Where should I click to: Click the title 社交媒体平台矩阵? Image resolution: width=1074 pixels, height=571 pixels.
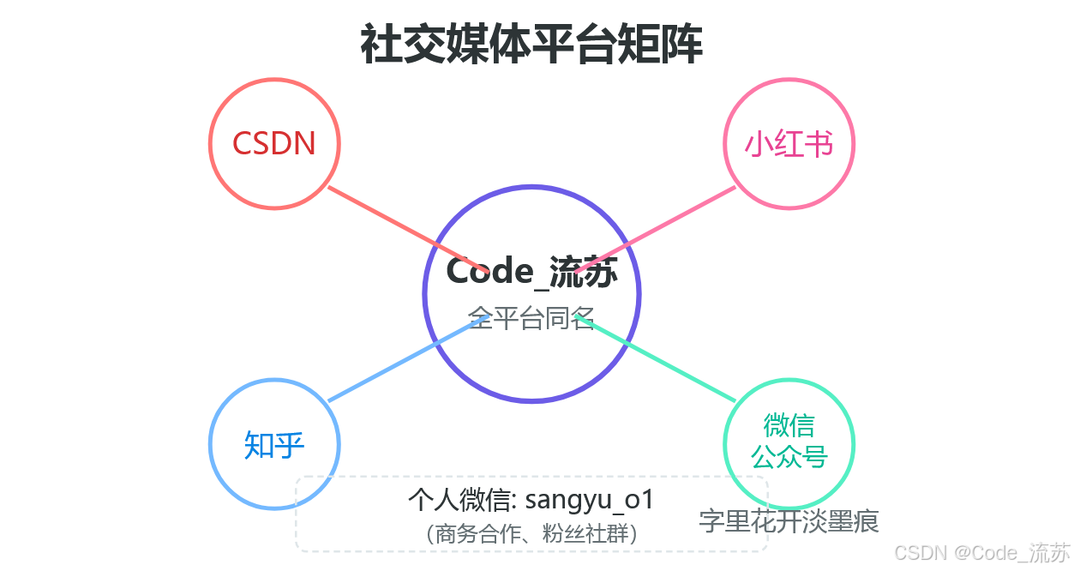531,45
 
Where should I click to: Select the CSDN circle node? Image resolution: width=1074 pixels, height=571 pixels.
274,143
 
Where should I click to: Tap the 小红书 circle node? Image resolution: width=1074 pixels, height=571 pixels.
789,143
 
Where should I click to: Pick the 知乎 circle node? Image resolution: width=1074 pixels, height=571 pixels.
274,444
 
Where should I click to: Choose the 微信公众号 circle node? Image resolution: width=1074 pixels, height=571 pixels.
789,442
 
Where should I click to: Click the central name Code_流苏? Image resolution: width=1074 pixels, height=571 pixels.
531,271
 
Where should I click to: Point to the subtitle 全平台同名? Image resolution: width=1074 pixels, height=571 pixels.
531,318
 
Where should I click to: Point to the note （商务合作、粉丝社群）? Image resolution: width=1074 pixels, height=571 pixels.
531,534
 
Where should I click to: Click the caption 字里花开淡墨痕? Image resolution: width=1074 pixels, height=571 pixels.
789,520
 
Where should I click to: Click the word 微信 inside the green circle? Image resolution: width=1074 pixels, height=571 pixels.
789,425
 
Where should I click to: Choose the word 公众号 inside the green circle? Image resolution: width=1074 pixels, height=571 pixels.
789,457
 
